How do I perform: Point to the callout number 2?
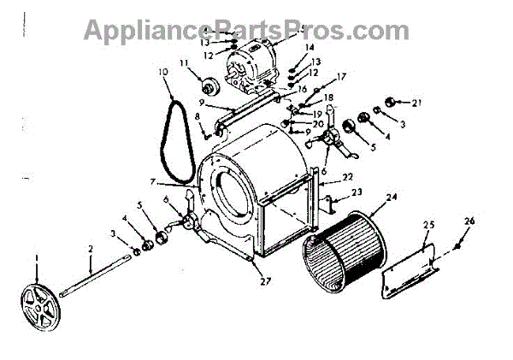click(x=89, y=248)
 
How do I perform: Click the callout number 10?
click(x=162, y=71)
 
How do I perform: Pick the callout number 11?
click(x=184, y=63)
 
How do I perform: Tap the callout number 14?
click(x=309, y=48)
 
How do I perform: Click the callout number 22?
click(x=348, y=175)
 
